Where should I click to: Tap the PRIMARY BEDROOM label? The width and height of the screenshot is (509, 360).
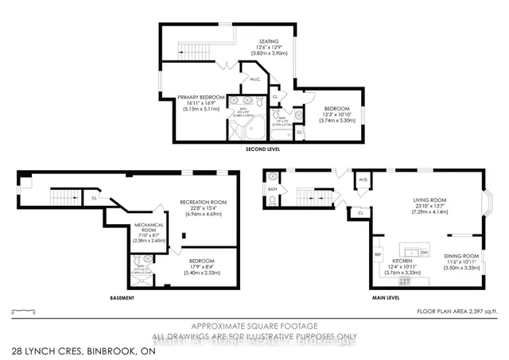(184, 97)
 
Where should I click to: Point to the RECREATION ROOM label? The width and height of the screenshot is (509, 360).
(204, 202)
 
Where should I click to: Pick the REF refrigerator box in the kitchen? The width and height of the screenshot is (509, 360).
(378, 255)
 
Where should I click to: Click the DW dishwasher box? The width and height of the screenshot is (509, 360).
(425, 253)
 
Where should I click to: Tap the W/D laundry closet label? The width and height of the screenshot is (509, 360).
(363, 179)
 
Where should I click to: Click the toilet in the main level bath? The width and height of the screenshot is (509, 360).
(272, 202)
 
